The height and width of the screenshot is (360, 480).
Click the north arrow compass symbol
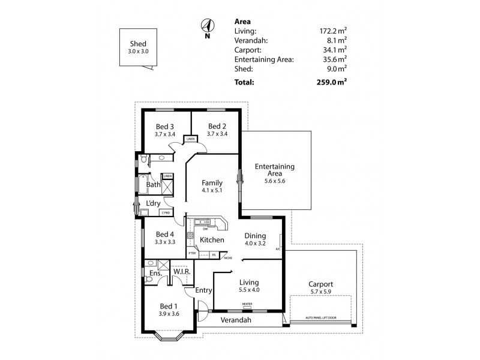pos(208,26)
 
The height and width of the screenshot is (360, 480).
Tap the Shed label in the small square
pos(138,44)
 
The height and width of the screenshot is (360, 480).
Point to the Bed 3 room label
pos(164,127)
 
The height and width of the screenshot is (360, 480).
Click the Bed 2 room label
pos(216,127)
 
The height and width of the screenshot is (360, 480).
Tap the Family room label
pos(212,183)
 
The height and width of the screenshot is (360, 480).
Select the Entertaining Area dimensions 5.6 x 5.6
pos(274,181)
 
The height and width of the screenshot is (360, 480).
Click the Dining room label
pos(256,236)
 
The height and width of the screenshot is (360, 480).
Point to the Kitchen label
pos(212,240)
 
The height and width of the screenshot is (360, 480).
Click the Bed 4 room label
pos(164,234)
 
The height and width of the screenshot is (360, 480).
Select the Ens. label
pos(155,273)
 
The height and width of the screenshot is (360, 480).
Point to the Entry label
pos(204,290)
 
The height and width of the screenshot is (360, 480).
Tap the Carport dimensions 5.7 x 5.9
pos(320,292)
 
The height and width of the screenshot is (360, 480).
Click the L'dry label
pos(153,204)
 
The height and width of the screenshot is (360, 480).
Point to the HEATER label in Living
pos(247,304)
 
